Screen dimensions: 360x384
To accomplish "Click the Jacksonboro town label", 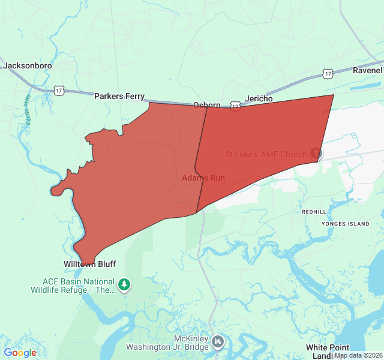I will click(27, 65).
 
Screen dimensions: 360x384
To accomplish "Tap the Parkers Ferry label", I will click(119, 96).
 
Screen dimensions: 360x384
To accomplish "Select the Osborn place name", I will click(206, 105).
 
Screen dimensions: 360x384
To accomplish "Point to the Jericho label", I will click(259, 98).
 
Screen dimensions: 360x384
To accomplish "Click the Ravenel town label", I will click(367, 70).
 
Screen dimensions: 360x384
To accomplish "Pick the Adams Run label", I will click(199, 178).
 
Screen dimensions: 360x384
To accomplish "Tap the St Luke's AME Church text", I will click(265, 154).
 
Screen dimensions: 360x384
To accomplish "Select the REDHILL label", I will click(314, 212).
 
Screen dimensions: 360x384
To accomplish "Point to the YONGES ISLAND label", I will click(346, 224).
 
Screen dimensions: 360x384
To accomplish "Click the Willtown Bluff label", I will click(89, 264).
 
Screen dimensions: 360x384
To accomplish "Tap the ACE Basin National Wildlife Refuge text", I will click(78, 286).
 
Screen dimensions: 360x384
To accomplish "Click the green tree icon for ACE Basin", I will click(124, 284).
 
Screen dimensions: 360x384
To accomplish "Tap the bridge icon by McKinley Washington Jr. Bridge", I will click(218, 342).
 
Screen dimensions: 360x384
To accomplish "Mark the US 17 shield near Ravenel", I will click(327, 73).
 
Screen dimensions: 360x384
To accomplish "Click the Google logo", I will click(20, 353).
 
